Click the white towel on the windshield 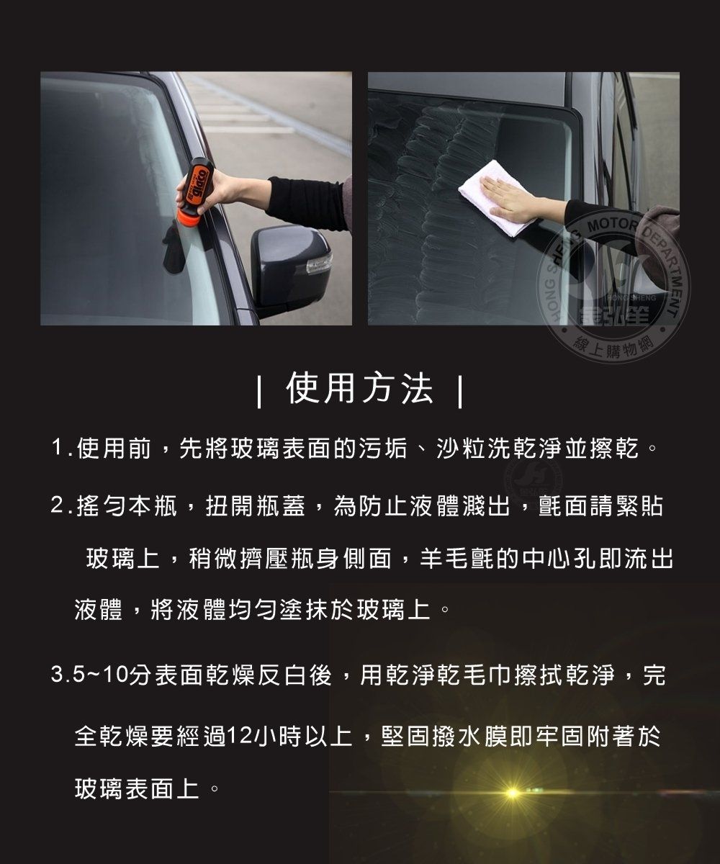coord(497,197)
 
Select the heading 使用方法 coord(359,388)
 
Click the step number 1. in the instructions coord(62,449)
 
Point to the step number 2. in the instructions coord(62,506)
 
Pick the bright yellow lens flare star coord(513,792)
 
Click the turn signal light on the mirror coord(319,263)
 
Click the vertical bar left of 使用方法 coord(259,391)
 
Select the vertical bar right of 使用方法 coord(460,391)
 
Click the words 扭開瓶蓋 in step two coord(256,506)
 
